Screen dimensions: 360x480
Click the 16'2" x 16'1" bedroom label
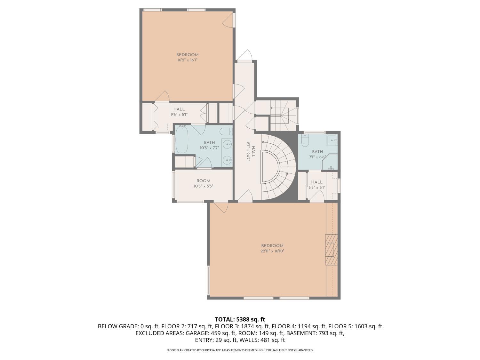coord(187,57)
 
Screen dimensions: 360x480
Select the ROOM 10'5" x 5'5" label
coord(203,183)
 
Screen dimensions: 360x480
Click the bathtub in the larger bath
coord(181,140)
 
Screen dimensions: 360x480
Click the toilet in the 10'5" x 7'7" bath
coord(227,131)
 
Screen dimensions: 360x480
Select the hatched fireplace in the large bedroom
coord(331,250)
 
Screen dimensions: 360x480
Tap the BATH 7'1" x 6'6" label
coord(317,154)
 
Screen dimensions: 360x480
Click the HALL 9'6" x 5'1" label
coord(179,112)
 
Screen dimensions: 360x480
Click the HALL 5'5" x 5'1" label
coord(316,185)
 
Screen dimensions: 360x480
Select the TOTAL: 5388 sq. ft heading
coord(240,319)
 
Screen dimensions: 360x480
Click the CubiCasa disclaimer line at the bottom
coord(240,350)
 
